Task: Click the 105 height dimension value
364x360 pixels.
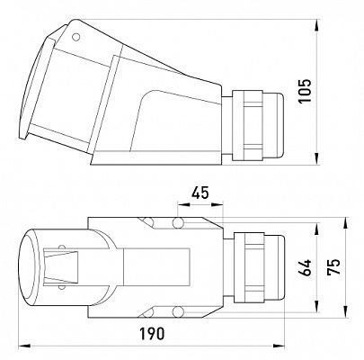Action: (x=306, y=91)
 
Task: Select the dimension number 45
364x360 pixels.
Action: (x=200, y=193)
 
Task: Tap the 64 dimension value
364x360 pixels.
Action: (x=306, y=267)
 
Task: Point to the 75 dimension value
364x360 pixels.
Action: (x=333, y=266)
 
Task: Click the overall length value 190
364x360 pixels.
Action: (x=152, y=334)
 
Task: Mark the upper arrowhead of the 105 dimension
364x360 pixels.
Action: (x=317, y=25)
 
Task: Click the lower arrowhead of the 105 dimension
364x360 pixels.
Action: (x=317, y=158)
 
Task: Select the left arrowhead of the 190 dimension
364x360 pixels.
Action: (x=24, y=346)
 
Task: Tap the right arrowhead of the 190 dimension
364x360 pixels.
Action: (x=279, y=346)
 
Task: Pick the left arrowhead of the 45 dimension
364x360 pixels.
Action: (x=183, y=204)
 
